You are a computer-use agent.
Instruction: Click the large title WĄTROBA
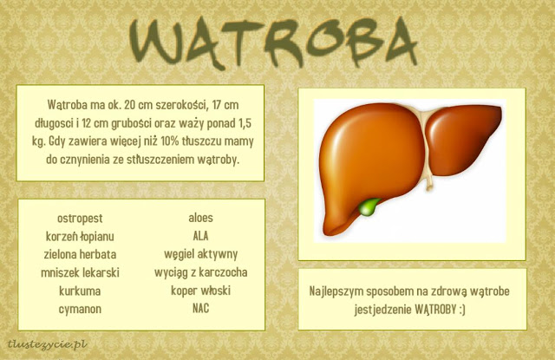pos(273,43)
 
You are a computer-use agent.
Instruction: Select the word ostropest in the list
pos(80,218)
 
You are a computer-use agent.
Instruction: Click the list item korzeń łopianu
pos(80,236)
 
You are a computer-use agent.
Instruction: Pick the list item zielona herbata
pos(80,254)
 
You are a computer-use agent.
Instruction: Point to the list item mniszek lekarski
pos(80,272)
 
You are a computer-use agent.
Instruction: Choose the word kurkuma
pos(80,291)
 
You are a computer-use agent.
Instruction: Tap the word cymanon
pos(80,309)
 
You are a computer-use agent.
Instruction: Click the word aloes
pos(200,218)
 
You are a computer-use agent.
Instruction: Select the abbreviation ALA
pos(200,236)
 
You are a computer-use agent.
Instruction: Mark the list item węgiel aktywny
pos(200,254)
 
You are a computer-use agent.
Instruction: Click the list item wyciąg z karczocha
pos(200,272)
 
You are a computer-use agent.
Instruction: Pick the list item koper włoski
pos(200,291)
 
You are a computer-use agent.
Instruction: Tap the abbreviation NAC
pos(200,308)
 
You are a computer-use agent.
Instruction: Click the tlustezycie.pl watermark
pos(48,344)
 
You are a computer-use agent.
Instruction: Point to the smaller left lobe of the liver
pos(462,139)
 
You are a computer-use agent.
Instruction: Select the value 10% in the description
pos(170,141)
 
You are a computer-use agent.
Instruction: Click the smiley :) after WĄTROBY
pos(461,310)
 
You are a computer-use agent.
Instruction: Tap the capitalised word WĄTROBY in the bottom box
pos(435,310)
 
